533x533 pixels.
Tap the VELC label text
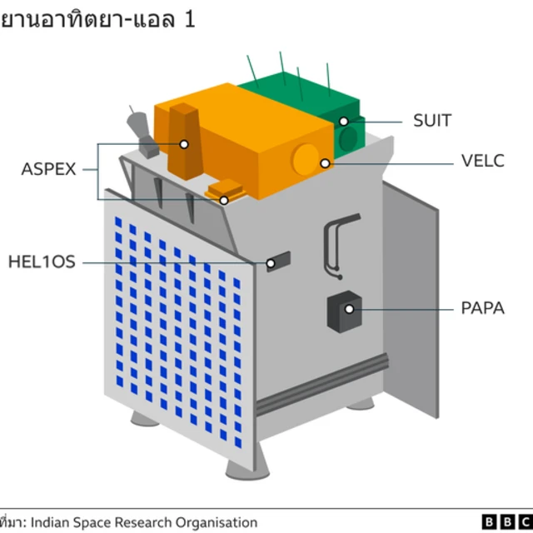[482, 162]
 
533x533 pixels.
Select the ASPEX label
[48, 170]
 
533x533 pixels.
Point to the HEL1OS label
[42, 262]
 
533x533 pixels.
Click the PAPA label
[483, 308]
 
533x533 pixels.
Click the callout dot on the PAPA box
[350, 309]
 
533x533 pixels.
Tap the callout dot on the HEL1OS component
[271, 264]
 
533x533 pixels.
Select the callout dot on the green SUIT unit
[343, 122]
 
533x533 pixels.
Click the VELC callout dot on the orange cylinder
[325, 163]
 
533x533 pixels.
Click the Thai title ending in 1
[98, 19]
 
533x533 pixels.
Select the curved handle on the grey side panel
[335, 242]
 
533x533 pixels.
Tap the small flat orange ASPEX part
[227, 191]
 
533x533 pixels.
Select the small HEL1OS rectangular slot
[277, 262]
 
